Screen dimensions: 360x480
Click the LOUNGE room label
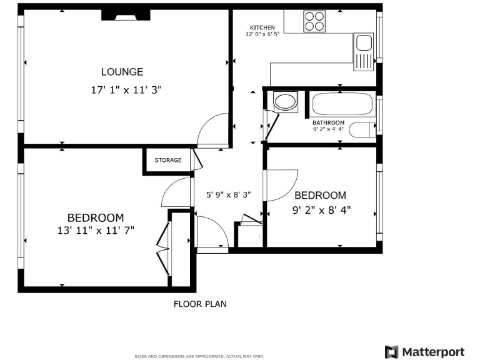[x=122, y=72]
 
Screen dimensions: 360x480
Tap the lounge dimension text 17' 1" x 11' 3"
[x=126, y=90]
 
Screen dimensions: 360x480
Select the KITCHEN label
[x=262, y=27]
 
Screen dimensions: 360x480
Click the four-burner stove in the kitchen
[x=315, y=21]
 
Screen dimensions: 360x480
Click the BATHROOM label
[x=328, y=122]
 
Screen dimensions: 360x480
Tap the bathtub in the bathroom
[x=342, y=103]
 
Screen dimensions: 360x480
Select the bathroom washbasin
[x=286, y=102]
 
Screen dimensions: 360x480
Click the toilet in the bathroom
[x=361, y=130]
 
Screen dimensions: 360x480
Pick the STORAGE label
[x=168, y=161]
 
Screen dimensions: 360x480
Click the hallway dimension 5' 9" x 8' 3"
[x=229, y=194]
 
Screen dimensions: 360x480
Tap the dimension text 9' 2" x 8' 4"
[x=321, y=210]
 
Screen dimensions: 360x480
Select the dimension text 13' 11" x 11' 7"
[x=96, y=230]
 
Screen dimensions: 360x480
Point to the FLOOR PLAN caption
[x=199, y=304]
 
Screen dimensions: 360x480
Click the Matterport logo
[x=425, y=351]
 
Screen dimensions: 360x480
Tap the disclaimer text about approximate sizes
[x=199, y=356]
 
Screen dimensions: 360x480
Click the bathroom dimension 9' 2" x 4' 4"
[x=328, y=129]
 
